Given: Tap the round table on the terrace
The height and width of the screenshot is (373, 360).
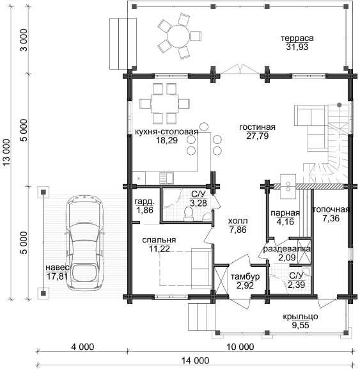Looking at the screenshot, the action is coord(178,36).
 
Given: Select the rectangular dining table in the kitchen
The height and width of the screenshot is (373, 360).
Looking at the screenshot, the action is coord(164,104).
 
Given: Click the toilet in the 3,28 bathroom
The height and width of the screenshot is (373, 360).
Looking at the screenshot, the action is coord(189,214).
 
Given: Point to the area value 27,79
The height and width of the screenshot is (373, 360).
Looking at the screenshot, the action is coord(258,136).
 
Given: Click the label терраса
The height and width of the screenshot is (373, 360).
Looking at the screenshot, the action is coord(297,38).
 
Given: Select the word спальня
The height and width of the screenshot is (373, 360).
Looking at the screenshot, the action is coord(159,240).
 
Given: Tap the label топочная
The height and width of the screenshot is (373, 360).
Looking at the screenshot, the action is coord(331,209).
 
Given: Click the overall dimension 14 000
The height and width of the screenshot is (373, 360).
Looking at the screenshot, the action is coord(196,361).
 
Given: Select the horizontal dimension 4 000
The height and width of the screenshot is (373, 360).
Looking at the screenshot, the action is coord(82,347).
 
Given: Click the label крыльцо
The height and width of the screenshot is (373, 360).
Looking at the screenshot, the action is coord(301,317).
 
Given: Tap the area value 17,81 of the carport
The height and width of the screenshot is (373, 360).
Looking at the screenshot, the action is coord(57,276).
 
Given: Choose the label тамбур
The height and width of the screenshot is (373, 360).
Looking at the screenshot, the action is coord(245,276).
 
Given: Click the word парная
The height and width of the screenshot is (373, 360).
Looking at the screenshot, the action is coord(285,213).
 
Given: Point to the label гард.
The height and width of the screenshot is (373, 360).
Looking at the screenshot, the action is coord(145,202).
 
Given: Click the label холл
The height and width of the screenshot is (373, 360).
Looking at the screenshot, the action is coord(238,221).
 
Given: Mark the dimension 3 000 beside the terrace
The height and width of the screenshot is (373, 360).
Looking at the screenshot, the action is coord(24,40).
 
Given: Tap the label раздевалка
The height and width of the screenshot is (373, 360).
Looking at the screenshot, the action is coord(286,249).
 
